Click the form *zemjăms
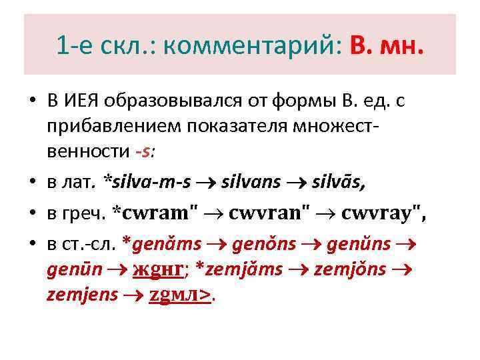pyautogui.click(x=248, y=269)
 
